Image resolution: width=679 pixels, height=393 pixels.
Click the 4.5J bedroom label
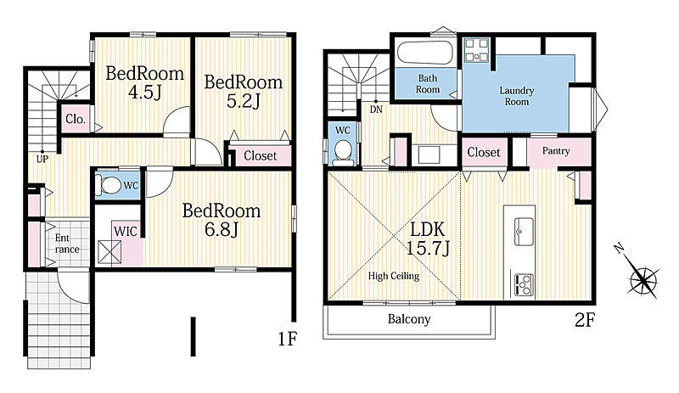144,82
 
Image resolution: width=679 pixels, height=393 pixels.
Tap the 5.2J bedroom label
243,92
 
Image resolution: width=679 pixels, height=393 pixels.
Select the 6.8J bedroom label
222,220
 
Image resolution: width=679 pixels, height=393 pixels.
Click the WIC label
125,232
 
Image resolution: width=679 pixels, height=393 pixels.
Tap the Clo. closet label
76,119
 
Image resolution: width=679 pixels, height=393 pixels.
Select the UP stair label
42,159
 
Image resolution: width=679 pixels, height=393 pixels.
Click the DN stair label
376,109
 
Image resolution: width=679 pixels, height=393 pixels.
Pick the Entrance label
67,244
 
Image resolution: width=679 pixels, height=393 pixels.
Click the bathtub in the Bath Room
425,53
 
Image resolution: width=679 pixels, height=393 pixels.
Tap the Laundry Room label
517,96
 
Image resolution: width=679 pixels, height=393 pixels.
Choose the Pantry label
556,151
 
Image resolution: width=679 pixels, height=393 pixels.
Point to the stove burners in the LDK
523,285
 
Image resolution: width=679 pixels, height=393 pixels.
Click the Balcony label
409,319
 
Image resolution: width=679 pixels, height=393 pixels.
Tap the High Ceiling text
394,276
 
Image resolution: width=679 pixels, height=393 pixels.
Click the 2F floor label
584,320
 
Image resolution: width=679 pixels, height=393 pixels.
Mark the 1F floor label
287,339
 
